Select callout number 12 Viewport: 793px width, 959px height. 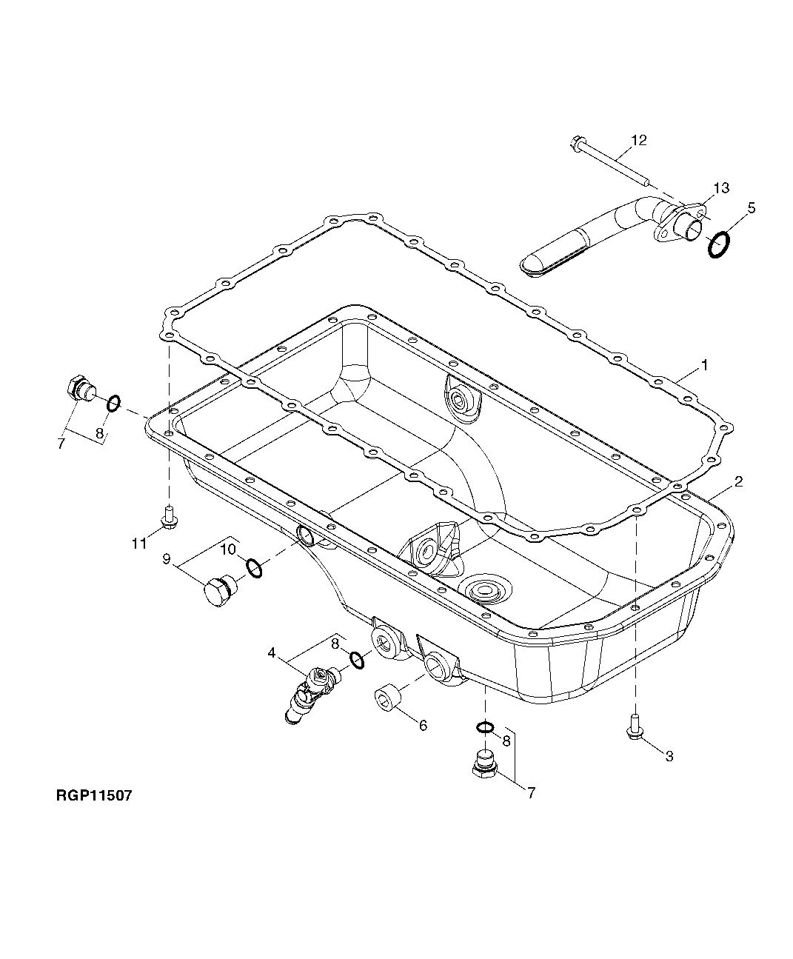638,140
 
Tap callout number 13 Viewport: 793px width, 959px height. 720,187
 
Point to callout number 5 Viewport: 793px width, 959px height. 751,208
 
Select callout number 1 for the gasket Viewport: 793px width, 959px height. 705,365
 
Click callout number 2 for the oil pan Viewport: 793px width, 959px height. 737,481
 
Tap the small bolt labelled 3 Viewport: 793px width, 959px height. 634,726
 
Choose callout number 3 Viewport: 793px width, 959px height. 669,756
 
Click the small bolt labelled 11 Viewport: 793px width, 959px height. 169,516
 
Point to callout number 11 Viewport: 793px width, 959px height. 139,544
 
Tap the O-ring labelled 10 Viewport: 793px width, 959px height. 253,569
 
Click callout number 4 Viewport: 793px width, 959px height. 272,653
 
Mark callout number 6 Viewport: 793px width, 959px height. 423,726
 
